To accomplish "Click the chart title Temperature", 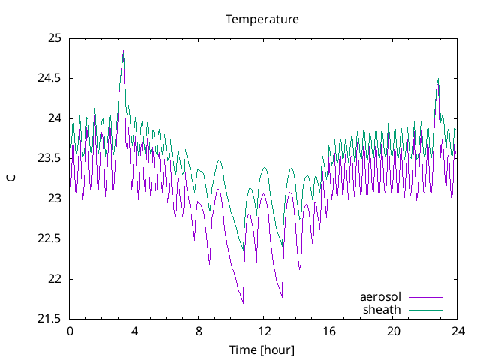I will (262, 19).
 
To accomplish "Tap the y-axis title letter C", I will (10, 178).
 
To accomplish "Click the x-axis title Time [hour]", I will (262, 350).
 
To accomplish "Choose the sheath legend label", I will (382, 309).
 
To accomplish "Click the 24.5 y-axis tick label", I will (49, 78).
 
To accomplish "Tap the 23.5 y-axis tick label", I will (49, 158).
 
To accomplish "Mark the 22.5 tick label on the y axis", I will (49, 238).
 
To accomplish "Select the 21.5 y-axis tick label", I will (49, 319).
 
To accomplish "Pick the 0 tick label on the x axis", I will (70, 331).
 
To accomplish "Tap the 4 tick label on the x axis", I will (134, 331).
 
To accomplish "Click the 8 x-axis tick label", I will (199, 331).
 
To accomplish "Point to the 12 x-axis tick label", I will (264, 331).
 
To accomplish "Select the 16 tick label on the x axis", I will (328, 331).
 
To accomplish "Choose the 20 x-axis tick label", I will (393, 331).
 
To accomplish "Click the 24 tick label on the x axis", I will (457, 331).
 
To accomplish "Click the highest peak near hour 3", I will (123, 51).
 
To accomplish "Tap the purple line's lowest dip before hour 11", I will (243, 302).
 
